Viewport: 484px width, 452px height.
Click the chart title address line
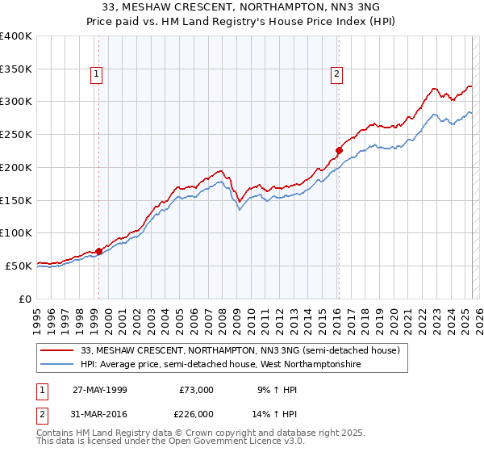click(x=241, y=7)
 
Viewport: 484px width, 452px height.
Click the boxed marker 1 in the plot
click(x=97, y=75)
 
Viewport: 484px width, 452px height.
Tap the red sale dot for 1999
click(x=99, y=251)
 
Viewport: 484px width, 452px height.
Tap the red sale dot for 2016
click(x=340, y=150)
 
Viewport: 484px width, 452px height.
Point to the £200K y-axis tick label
click(x=16, y=167)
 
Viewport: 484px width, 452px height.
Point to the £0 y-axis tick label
click(x=24, y=299)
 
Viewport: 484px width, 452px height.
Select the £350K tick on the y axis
click(x=16, y=69)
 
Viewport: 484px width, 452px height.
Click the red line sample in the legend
click(x=57, y=351)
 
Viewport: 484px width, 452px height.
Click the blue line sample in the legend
click(x=57, y=365)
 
